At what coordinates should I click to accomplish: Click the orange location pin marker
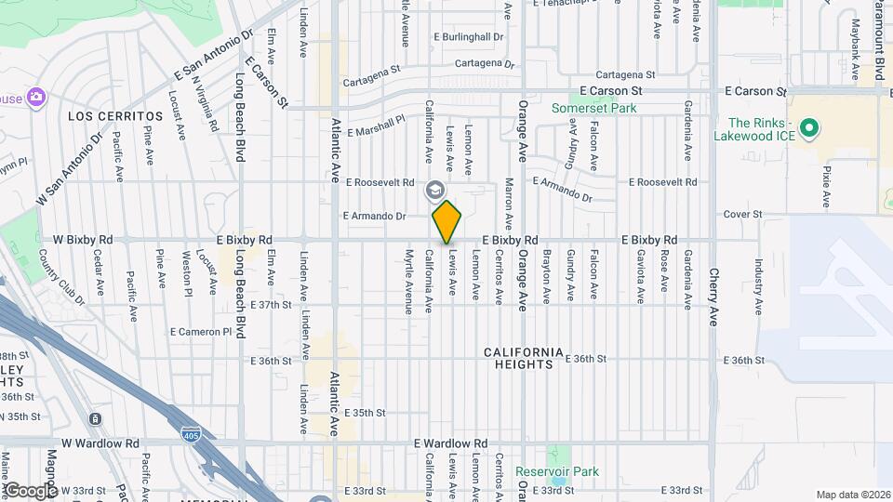[447, 221]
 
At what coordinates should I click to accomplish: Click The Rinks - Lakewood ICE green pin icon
[808, 128]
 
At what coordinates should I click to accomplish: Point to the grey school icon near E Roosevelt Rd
[434, 191]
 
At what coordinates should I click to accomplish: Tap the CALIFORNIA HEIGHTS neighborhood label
[524, 358]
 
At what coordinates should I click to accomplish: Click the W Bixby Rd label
[84, 240]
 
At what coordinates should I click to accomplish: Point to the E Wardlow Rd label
[451, 443]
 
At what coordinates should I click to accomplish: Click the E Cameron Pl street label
[200, 331]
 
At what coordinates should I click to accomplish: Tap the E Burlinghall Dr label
[469, 37]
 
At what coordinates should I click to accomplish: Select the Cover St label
[743, 214]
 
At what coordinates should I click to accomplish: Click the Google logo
[30, 490]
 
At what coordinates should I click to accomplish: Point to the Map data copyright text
[853, 495]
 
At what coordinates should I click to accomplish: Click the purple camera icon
[36, 97]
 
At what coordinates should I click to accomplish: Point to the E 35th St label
[365, 412]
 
